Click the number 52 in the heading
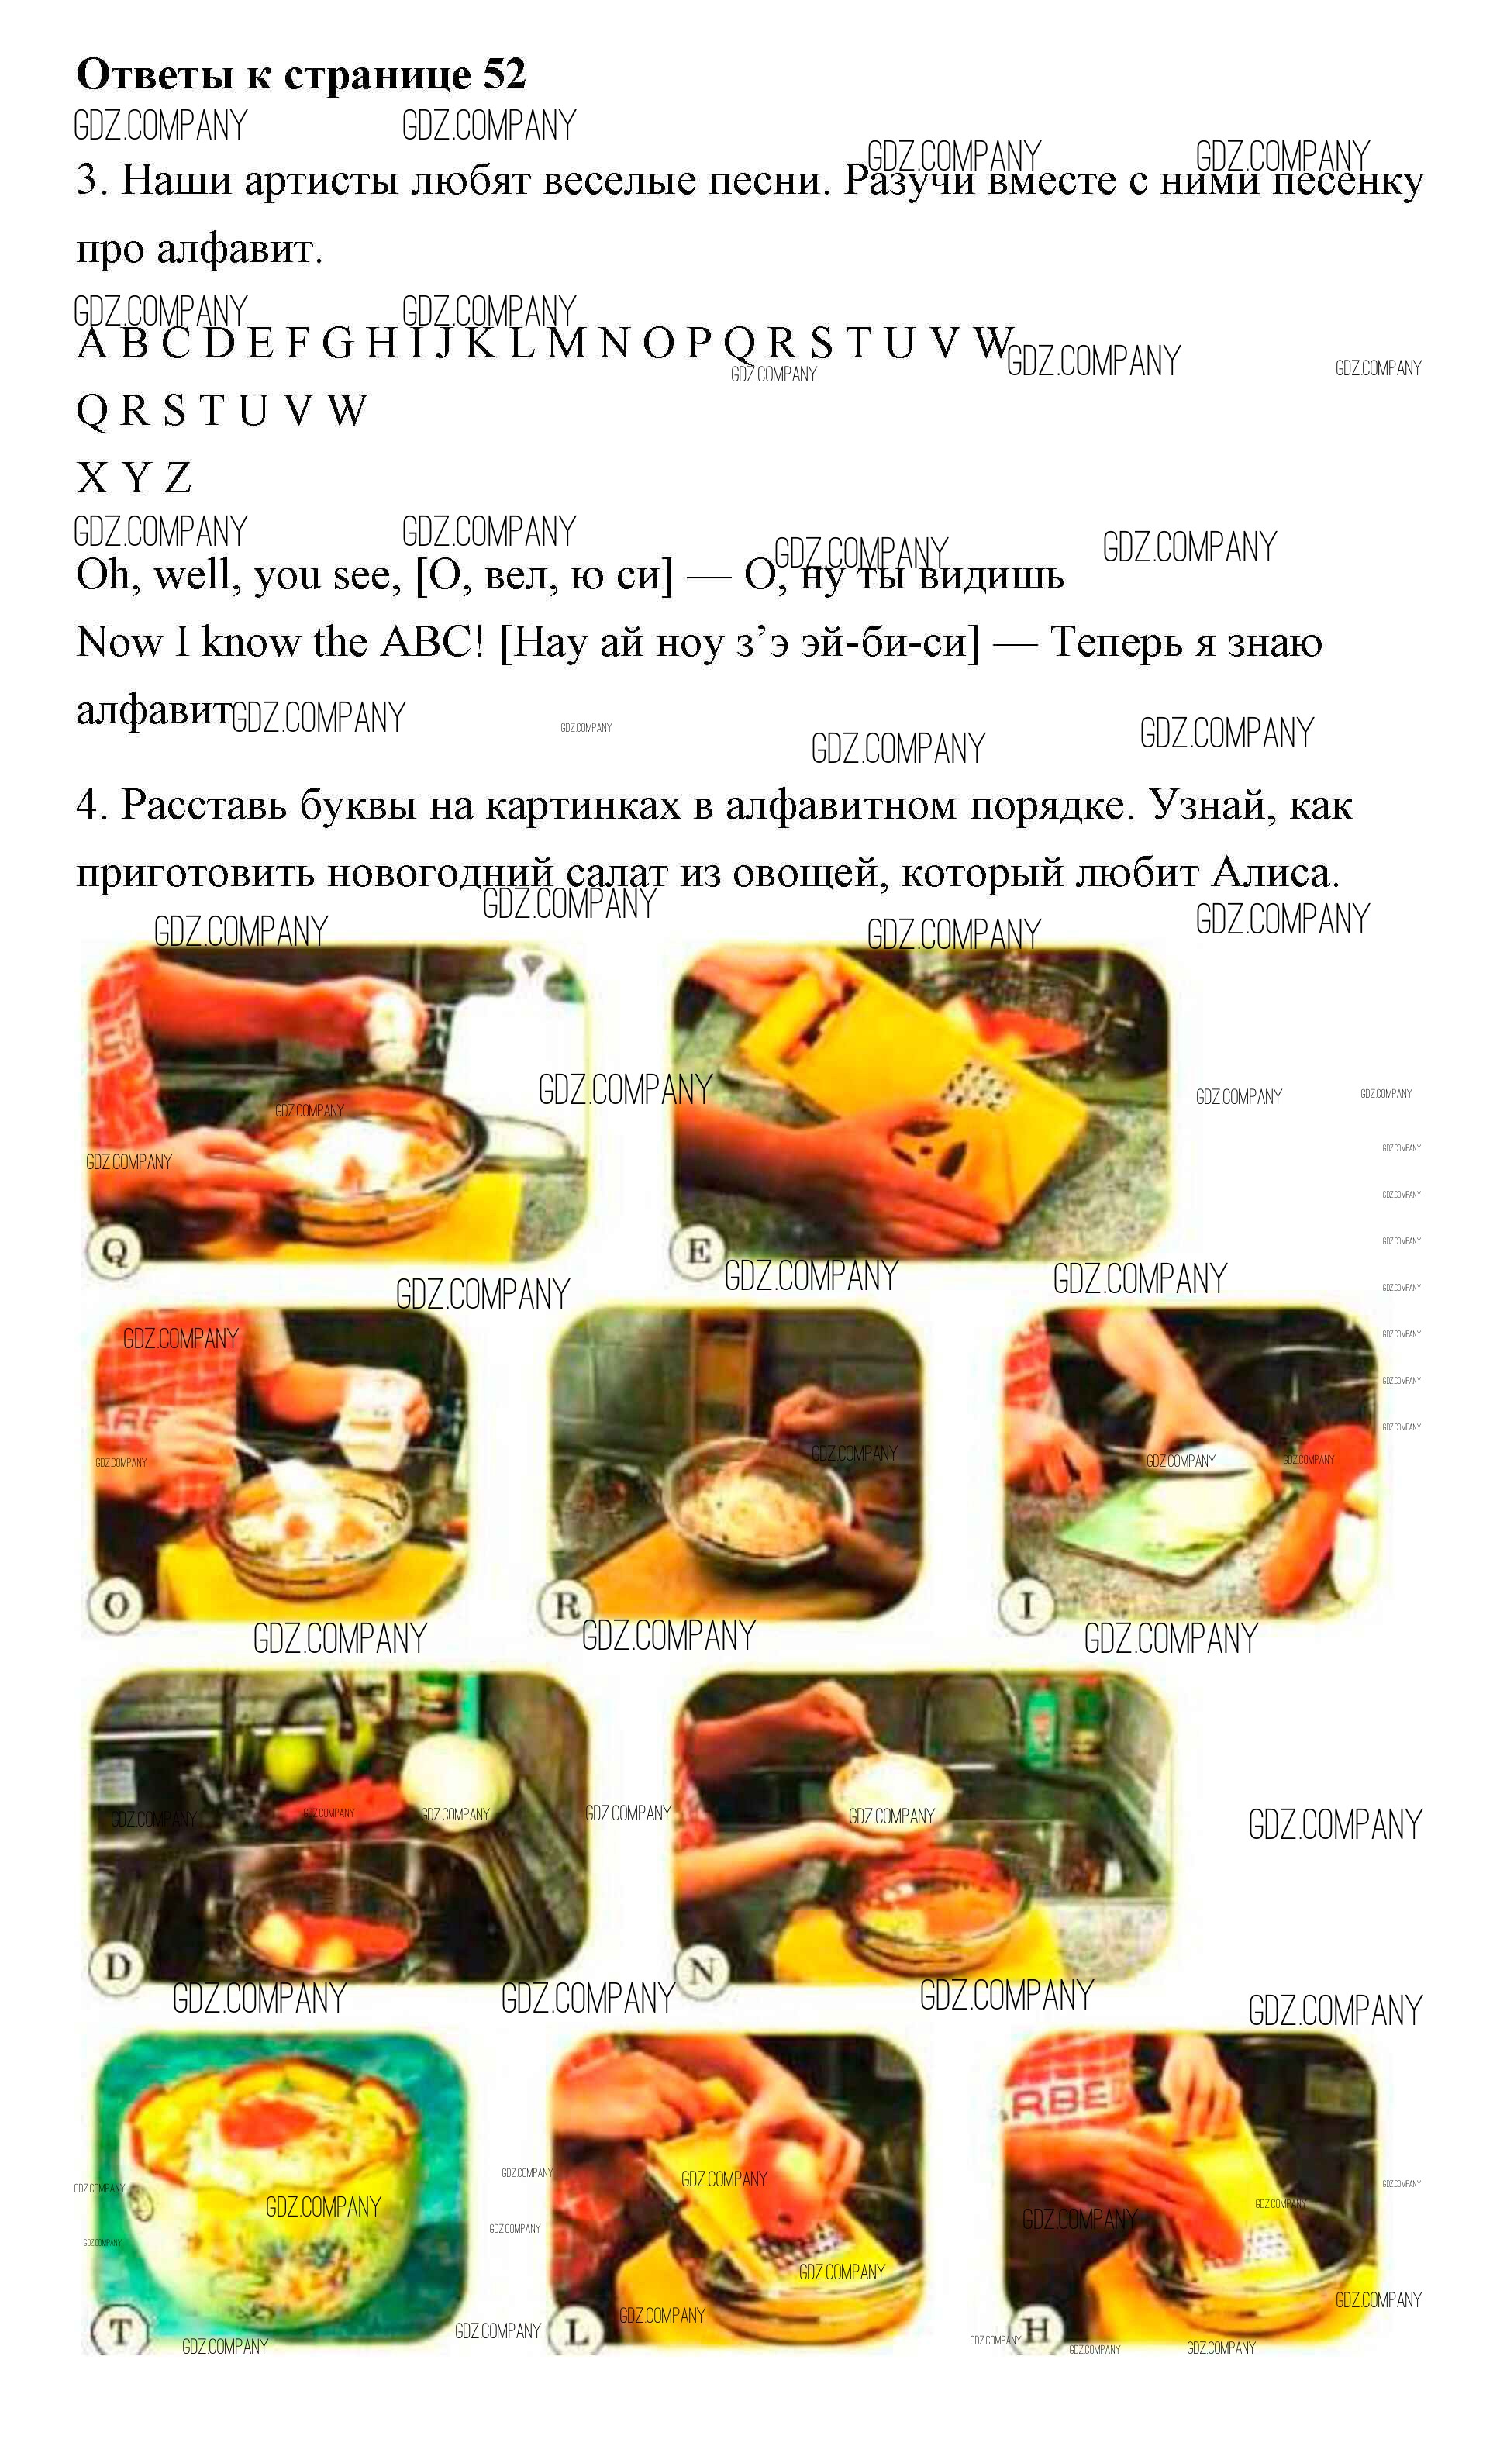505,74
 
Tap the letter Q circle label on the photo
114,1252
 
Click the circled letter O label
116,1605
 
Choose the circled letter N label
701,1969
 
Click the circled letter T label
119,2330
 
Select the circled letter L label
577,2330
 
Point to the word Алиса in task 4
1274,873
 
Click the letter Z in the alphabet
178,478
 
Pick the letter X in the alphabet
92,478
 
